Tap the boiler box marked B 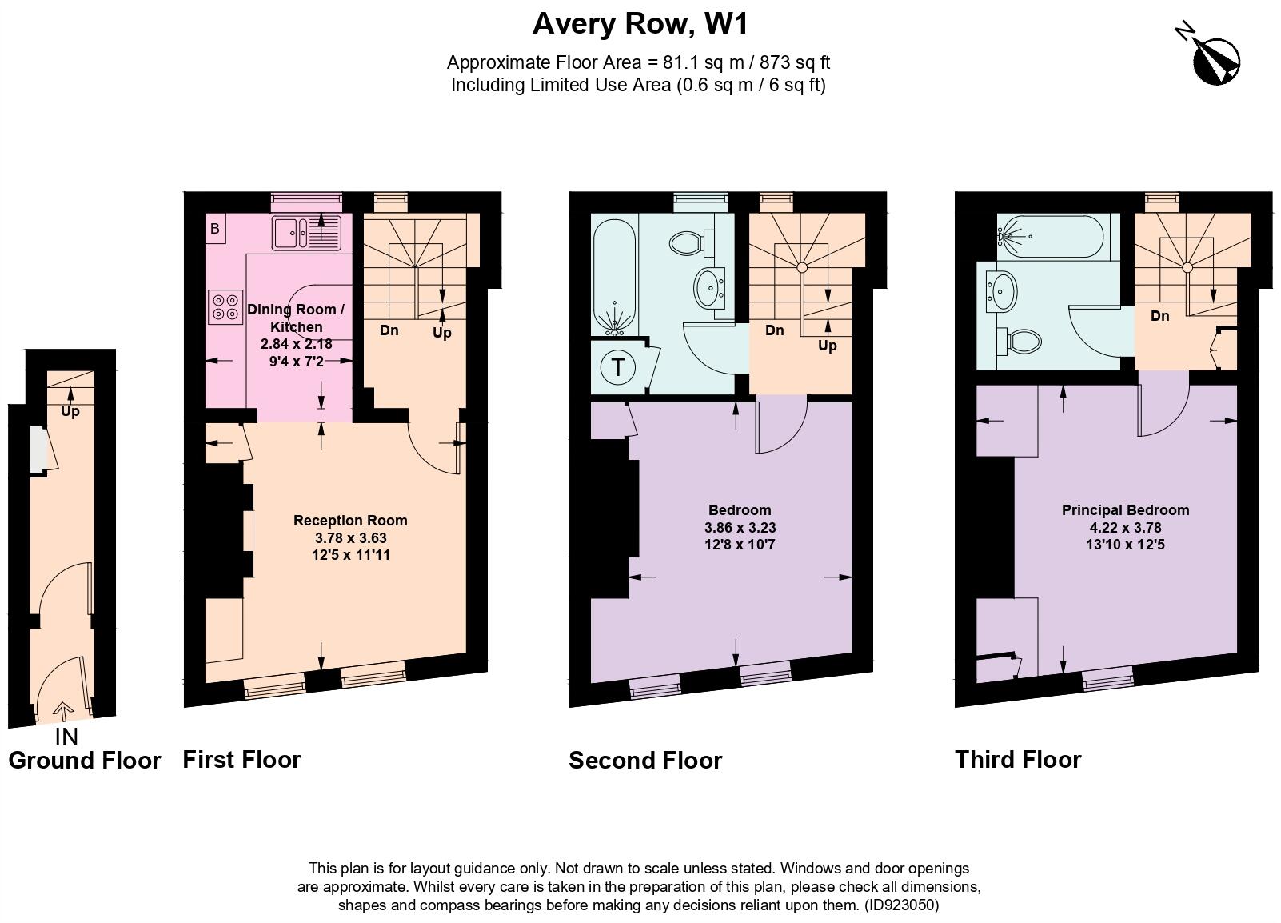tap(214, 230)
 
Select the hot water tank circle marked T tap(618, 368)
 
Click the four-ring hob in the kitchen tap(225, 307)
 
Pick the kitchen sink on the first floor tap(306, 233)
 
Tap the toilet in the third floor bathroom tap(1020, 342)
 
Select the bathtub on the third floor tap(1051, 236)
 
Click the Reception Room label tap(350, 521)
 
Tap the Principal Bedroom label tap(1125, 510)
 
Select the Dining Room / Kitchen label tap(296, 318)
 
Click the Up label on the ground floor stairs tap(70, 412)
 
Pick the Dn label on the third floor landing tap(1159, 316)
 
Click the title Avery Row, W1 tap(640, 24)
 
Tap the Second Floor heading tap(645, 760)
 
